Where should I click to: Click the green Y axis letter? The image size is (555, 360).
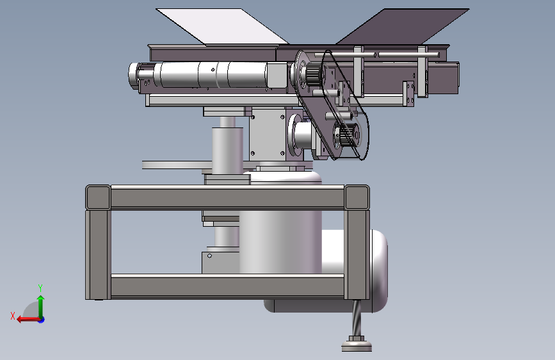coord(40,288)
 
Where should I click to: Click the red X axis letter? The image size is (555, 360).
coord(13,316)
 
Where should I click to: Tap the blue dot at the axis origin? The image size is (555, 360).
coord(42,320)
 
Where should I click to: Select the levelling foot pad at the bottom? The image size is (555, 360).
coord(357,346)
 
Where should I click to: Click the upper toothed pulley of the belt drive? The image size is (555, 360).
coord(314,72)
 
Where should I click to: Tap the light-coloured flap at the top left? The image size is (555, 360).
coord(222,27)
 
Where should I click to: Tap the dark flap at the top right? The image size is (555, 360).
coord(403,26)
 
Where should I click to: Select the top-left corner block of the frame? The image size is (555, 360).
coord(98,197)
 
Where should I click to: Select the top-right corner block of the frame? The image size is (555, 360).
coord(357,197)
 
